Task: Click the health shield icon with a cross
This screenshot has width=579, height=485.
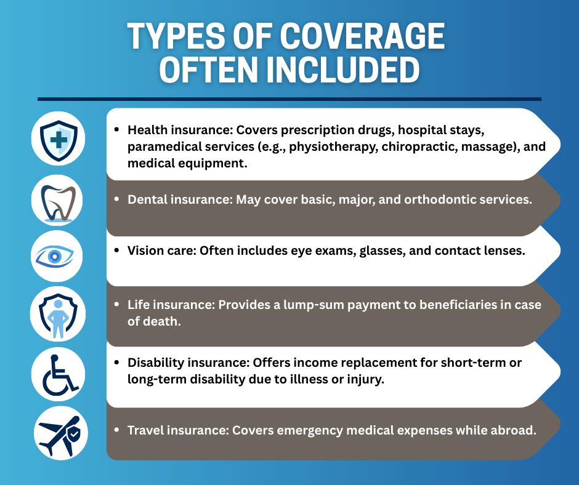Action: tap(59, 140)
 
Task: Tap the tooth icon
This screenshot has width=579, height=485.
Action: tap(58, 202)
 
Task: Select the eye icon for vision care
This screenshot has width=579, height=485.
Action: tap(55, 256)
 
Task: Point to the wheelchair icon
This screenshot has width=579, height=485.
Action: tap(60, 375)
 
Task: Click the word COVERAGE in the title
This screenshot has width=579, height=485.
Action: tap(362, 36)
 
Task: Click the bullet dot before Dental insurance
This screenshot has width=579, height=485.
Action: tap(116, 199)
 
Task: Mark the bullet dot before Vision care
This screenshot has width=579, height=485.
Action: tap(116, 251)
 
